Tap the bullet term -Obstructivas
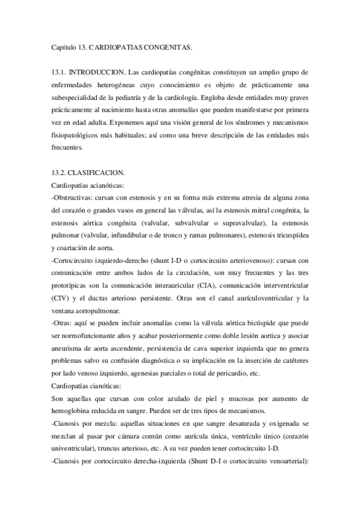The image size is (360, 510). [x=75, y=198]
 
